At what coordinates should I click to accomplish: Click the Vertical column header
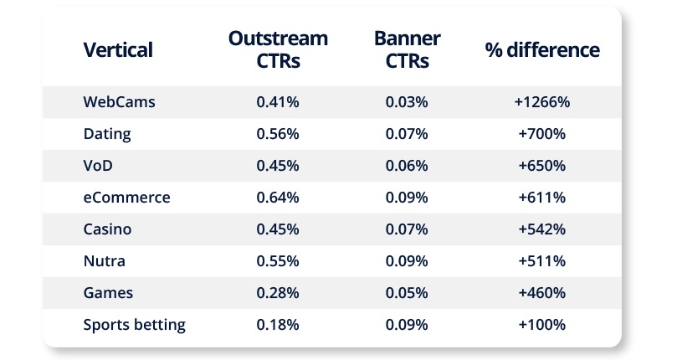coord(118,49)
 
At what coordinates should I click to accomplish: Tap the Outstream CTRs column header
coord(278,49)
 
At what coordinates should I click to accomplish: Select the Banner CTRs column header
coord(408,49)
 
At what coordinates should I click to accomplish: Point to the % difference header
coord(542,49)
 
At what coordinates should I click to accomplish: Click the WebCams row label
coord(119,102)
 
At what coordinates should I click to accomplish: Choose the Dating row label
coord(107,134)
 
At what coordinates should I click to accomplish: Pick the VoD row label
coord(98,166)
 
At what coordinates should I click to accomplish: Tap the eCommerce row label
coord(127,198)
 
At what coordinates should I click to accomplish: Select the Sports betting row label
coord(134,325)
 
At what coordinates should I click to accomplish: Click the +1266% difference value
coord(542,102)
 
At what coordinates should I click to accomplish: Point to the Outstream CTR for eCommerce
coord(278,198)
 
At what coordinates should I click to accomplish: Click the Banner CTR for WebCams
coord(407,102)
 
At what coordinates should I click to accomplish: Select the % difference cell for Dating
coord(542,134)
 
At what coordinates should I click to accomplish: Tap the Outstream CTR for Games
coord(278,293)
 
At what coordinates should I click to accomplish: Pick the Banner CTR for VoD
coord(407,166)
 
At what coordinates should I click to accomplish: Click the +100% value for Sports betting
coord(542,325)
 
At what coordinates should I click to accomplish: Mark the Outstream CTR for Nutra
coord(278,261)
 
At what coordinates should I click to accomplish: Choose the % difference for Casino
coord(542,229)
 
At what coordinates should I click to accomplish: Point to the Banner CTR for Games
coord(407,293)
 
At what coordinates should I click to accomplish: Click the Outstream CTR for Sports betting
coord(278,325)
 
